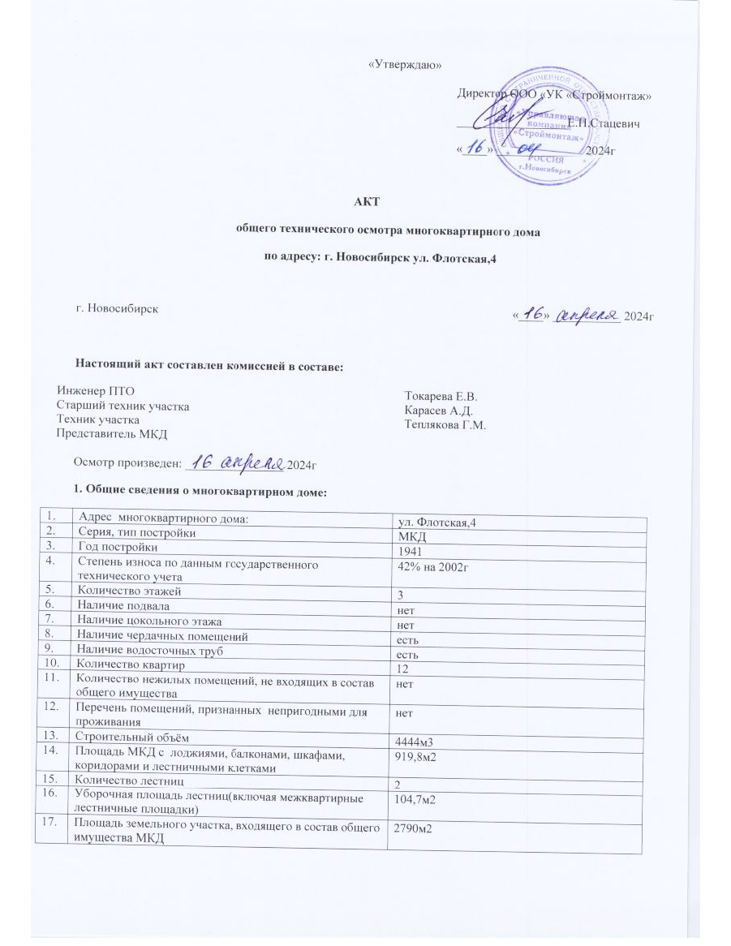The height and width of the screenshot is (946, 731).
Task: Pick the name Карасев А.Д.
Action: (x=438, y=411)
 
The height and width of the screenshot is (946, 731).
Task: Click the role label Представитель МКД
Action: (x=111, y=433)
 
